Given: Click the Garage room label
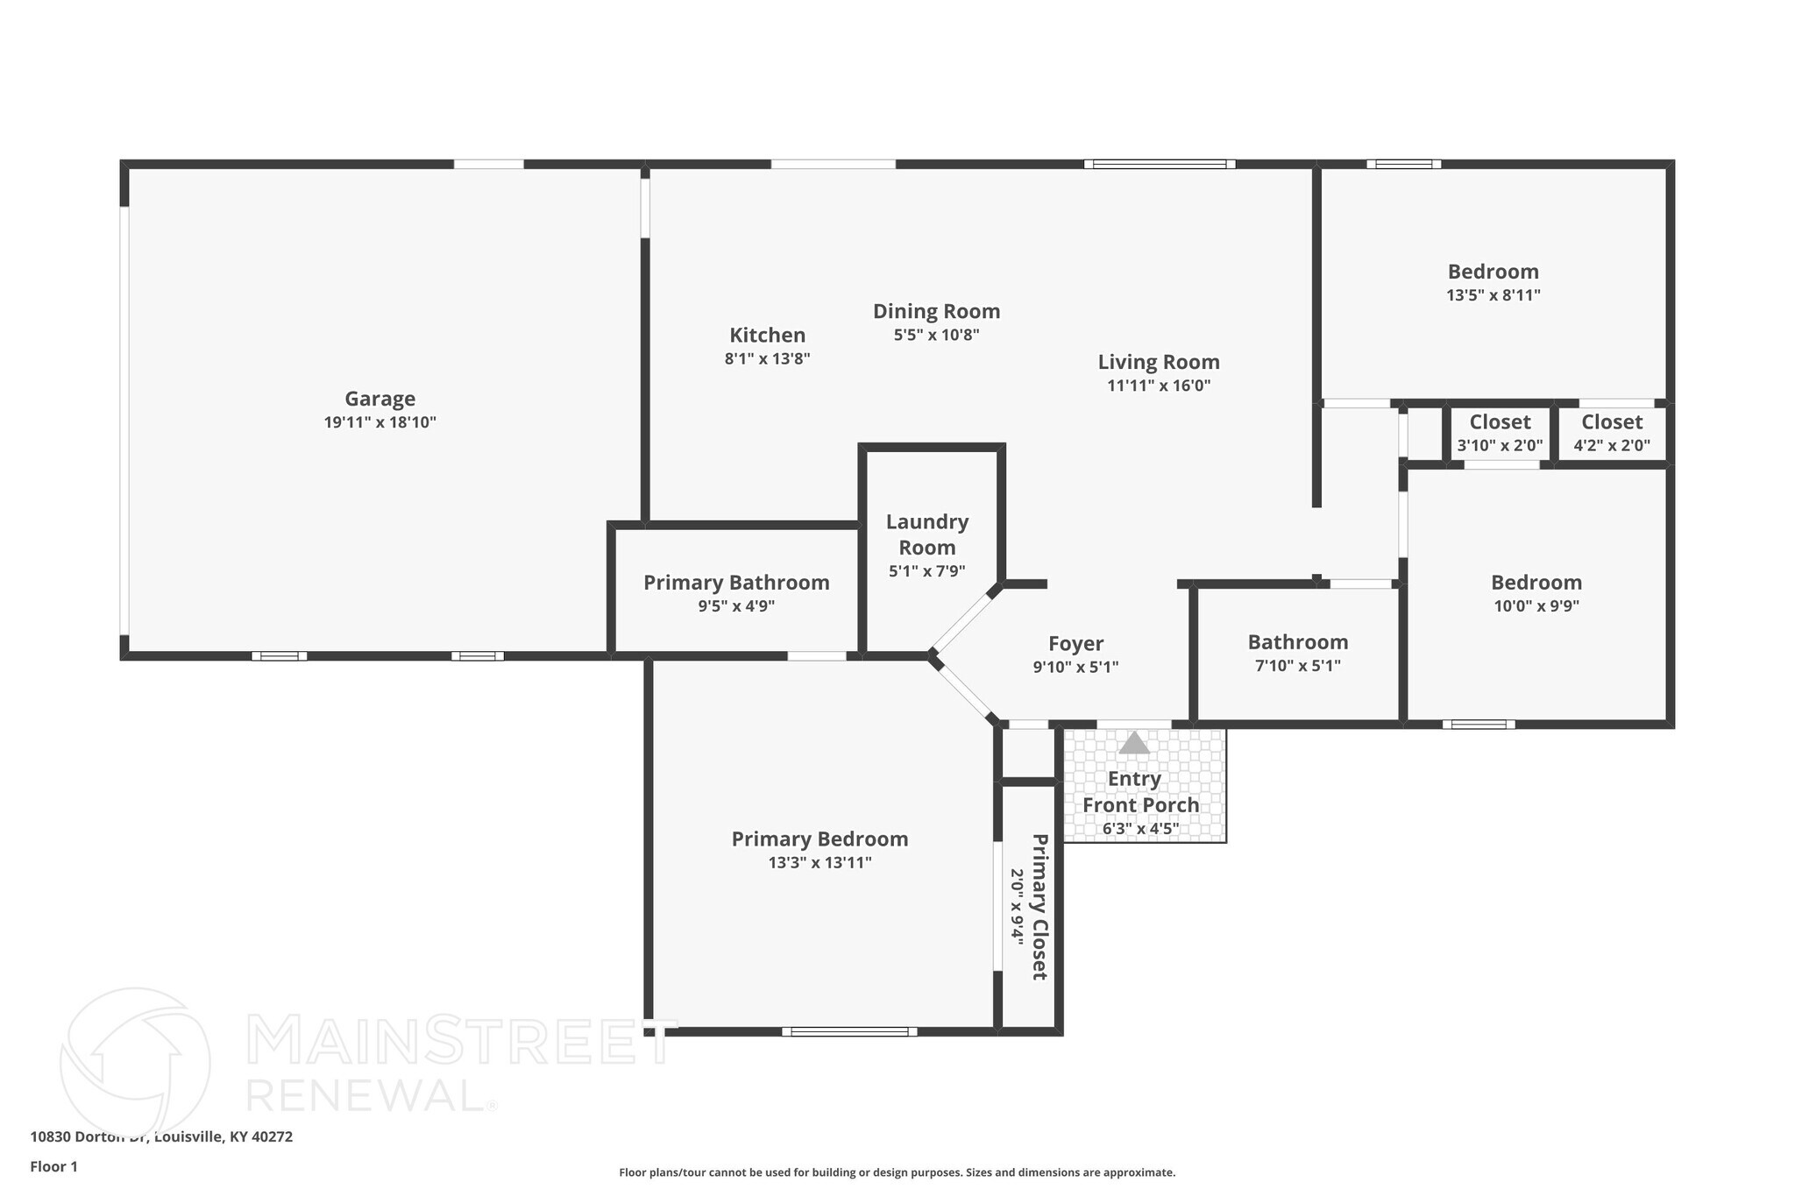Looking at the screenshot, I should [x=380, y=399].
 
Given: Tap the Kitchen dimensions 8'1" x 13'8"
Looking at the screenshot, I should [x=767, y=358].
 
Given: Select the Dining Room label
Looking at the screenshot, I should [x=936, y=311].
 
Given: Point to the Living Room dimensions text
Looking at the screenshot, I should [x=1159, y=386].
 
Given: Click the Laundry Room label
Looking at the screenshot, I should [x=926, y=534].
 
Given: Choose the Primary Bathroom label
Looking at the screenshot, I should [x=736, y=583].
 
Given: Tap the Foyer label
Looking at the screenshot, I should [x=1075, y=644].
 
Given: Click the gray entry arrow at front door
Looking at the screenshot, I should [x=1134, y=743].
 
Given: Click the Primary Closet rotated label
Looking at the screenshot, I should [x=1039, y=907].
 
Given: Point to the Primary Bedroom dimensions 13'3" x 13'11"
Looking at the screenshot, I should [x=819, y=863].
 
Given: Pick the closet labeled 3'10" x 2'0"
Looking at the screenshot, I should [x=1500, y=433].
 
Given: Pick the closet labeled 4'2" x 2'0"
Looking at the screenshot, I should [x=1611, y=433].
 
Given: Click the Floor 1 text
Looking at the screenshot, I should [x=54, y=1166].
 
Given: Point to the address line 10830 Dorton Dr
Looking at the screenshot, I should [x=161, y=1136].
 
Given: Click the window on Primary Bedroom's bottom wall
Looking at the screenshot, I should [x=849, y=1031].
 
